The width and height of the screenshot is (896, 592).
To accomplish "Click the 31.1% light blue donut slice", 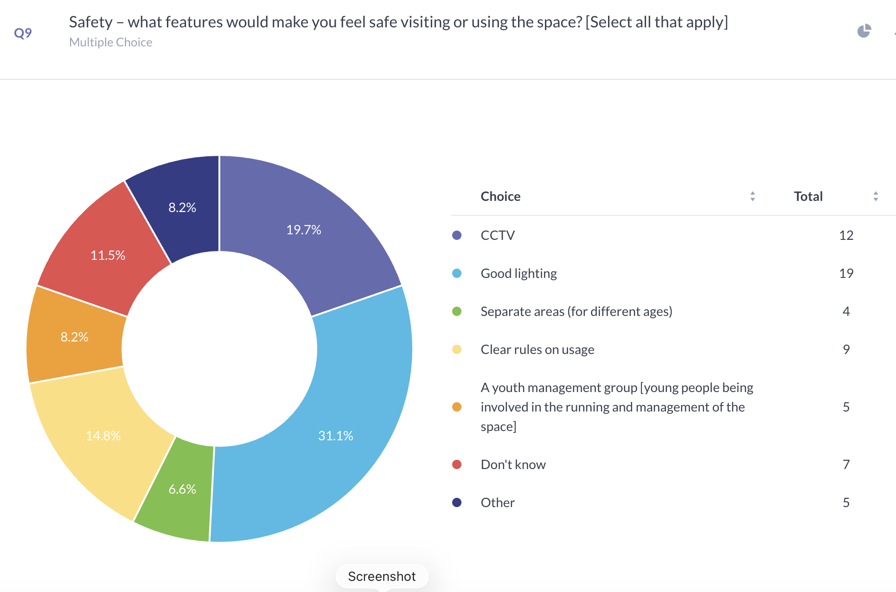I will [336, 435].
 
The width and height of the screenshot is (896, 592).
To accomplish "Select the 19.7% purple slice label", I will [304, 230].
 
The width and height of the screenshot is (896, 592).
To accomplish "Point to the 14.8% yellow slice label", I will [103, 436].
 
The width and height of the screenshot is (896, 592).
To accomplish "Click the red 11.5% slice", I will [108, 255].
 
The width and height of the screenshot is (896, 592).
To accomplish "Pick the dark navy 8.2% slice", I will [182, 207].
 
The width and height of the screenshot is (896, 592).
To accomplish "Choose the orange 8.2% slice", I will [74, 336].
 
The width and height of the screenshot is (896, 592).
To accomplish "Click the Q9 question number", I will [23, 33].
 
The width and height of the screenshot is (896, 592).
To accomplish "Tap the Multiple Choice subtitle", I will [110, 42].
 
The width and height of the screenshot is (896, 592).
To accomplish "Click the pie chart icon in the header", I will [864, 31].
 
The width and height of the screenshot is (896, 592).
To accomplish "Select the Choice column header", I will [500, 196].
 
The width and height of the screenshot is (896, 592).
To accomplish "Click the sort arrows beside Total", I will [876, 196].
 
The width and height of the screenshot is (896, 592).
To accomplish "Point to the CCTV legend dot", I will [457, 235].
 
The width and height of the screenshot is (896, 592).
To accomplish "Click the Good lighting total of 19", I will [846, 273].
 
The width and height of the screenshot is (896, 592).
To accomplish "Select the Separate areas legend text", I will [576, 311].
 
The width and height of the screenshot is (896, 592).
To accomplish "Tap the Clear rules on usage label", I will [537, 349].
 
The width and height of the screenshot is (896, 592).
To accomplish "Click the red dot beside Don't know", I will [457, 464].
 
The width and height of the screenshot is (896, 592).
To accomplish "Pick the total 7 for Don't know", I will [846, 464].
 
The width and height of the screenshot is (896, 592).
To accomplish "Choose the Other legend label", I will [498, 502].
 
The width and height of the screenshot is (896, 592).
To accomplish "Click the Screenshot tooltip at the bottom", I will [382, 576].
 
